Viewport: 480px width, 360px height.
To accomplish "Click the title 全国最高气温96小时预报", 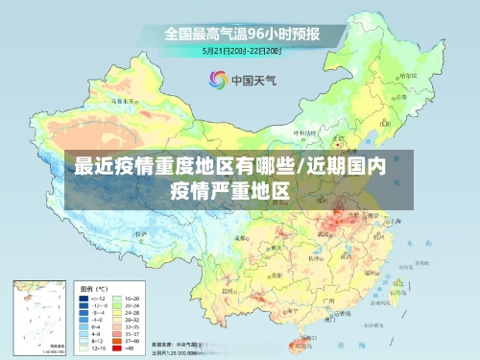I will coord(240,34).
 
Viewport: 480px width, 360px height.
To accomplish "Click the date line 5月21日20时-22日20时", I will coord(240,50).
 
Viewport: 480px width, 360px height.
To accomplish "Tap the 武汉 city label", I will coord(333,228).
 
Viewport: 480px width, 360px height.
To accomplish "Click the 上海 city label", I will coord(393,220).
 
